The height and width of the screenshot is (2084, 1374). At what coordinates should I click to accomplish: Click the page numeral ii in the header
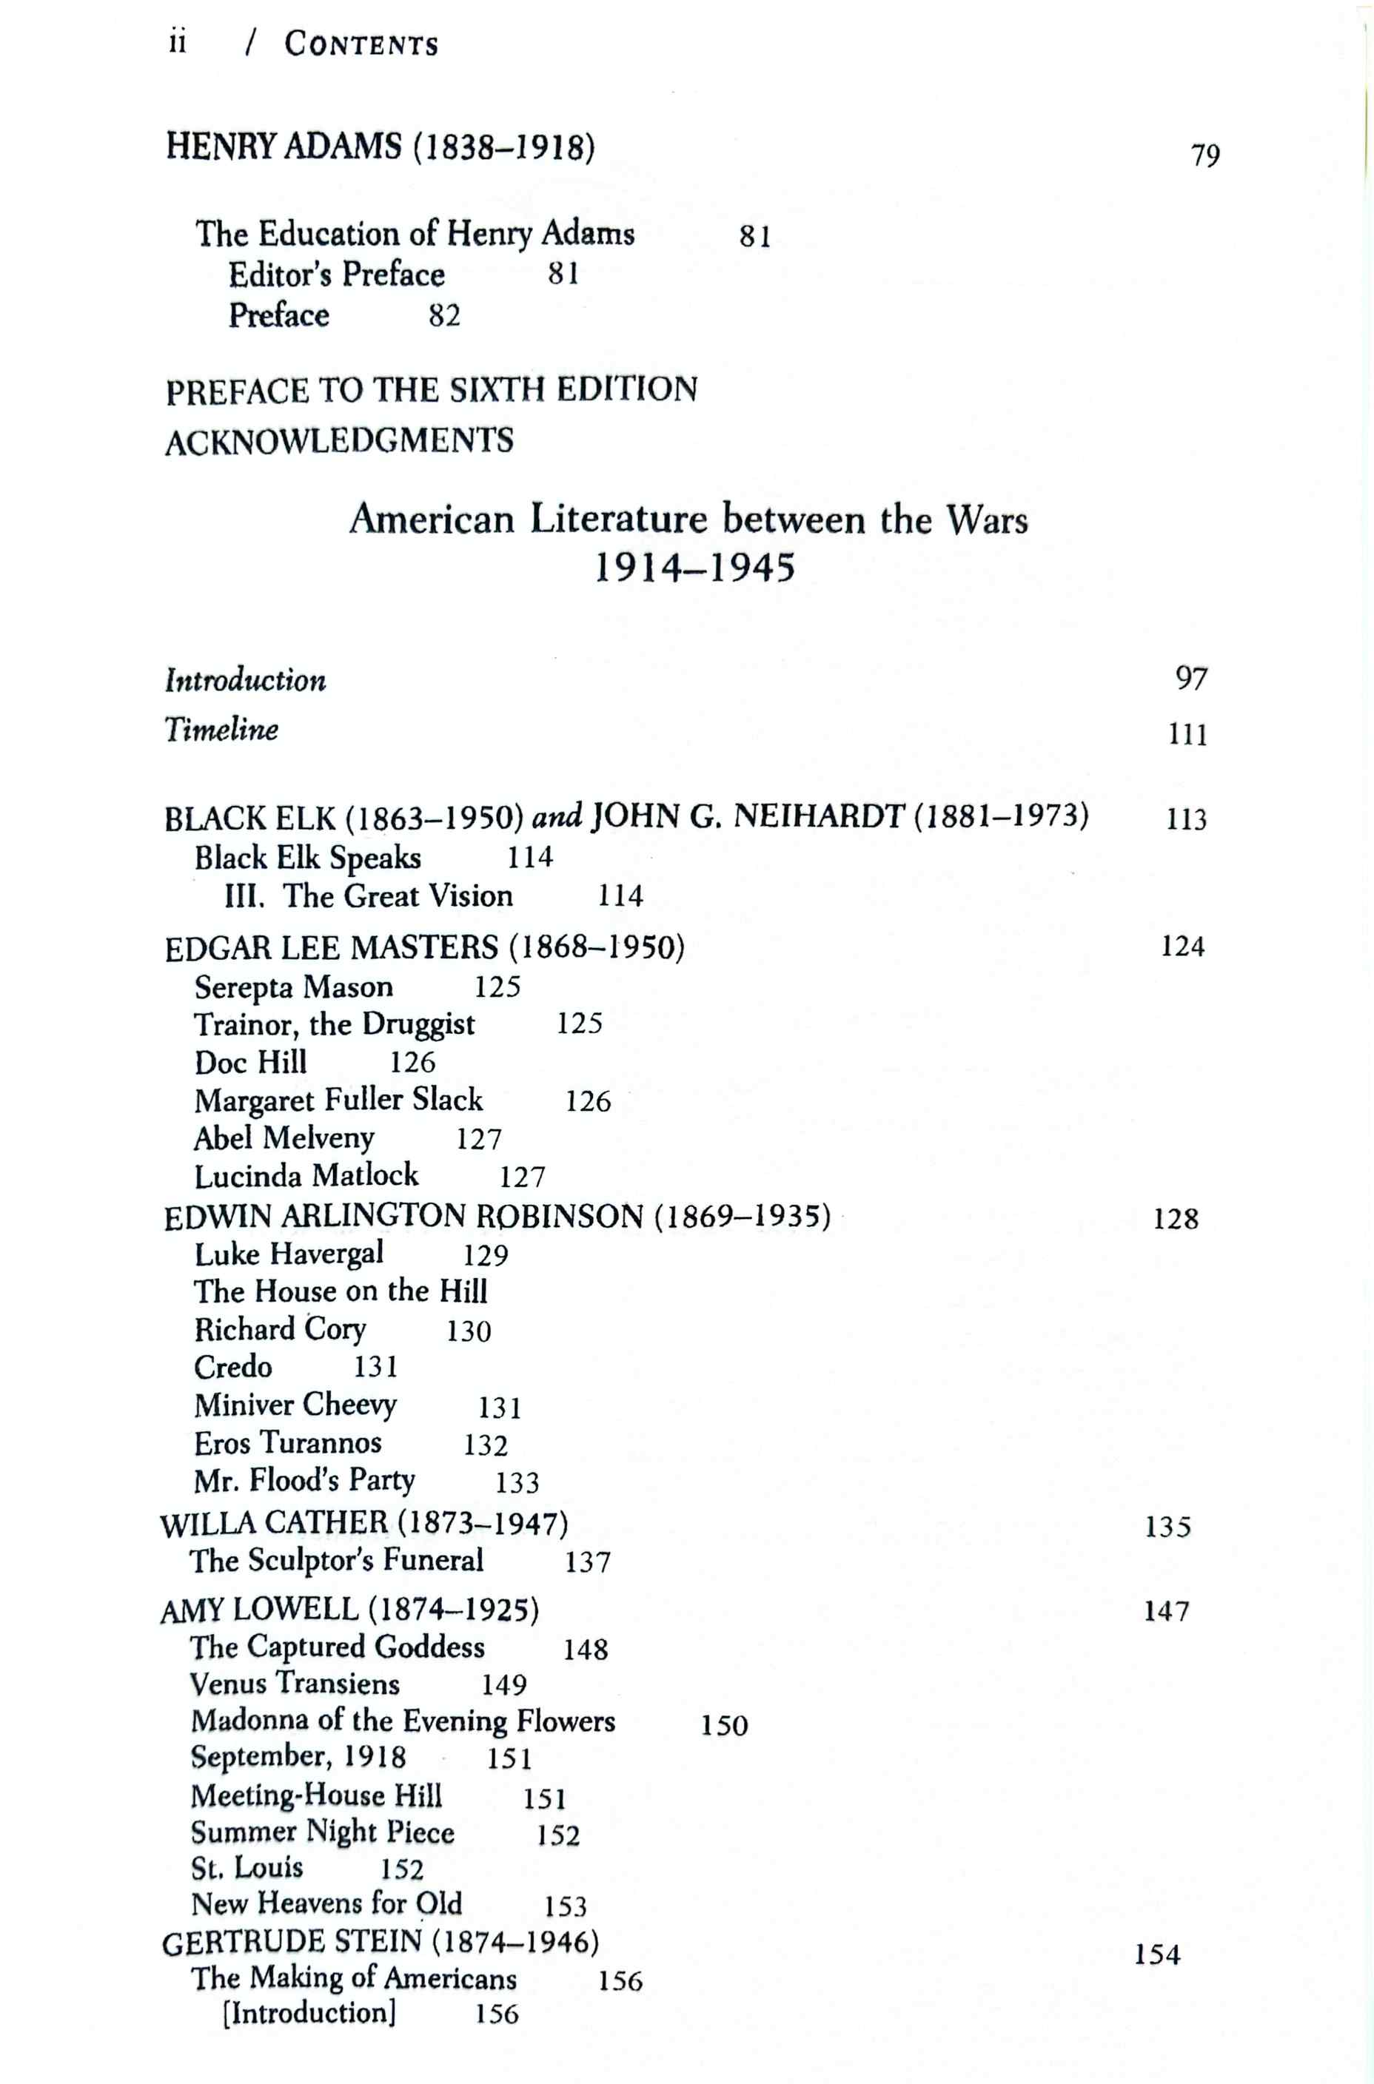[x=177, y=43]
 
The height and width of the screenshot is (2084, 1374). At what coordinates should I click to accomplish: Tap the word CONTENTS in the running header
[x=361, y=44]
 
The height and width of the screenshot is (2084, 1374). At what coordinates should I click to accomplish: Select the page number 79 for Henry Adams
[x=1206, y=155]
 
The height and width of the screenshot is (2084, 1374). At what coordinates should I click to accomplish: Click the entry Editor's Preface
[x=337, y=275]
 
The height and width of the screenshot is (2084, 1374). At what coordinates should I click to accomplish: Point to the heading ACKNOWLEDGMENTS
[x=339, y=440]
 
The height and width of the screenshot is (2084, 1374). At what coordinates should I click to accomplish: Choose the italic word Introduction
[x=245, y=680]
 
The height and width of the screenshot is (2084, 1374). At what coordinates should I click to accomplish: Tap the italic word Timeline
[x=221, y=729]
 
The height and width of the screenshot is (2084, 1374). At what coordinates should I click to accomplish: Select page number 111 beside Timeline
[x=1187, y=734]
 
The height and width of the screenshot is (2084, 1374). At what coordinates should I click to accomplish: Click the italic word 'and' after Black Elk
[x=557, y=816]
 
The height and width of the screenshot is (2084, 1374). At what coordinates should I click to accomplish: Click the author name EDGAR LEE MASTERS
[x=331, y=947]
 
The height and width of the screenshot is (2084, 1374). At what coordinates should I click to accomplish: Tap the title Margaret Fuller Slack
[x=338, y=1100]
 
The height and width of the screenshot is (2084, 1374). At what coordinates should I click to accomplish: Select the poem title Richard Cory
[x=281, y=1330]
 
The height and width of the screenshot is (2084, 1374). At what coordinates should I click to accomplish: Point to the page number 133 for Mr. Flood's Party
[x=517, y=1483]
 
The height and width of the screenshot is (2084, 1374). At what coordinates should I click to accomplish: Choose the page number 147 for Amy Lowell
[x=1166, y=1611]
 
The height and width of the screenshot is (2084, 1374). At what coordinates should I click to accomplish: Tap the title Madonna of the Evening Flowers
[x=403, y=1721]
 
